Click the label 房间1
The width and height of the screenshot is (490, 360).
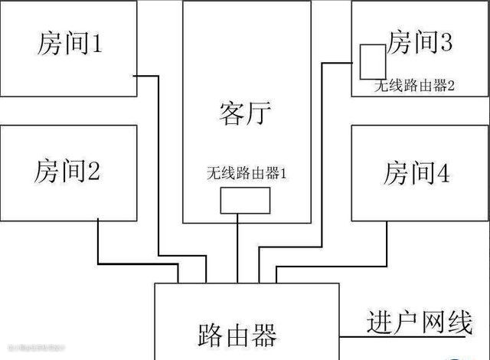(68, 44)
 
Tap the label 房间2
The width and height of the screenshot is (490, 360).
(67, 170)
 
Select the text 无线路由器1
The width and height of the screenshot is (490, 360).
(247, 173)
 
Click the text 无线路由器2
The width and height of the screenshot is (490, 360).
(413, 86)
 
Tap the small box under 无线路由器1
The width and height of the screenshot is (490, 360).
(245, 201)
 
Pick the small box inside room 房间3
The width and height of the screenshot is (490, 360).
(372, 61)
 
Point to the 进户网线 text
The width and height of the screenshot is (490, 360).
(419, 322)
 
